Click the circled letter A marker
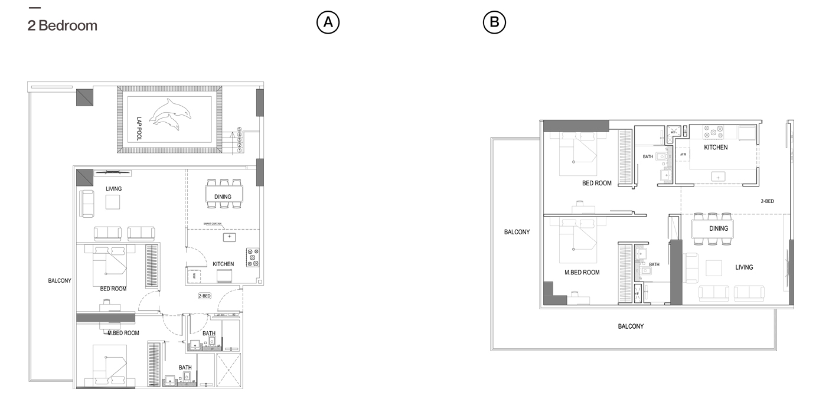tap(328, 22)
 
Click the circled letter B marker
tap(495, 22)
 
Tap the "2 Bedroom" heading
tap(63, 26)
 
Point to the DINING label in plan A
tap(223, 197)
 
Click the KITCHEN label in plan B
tap(716, 148)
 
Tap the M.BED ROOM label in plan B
tap(582, 273)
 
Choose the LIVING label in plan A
tap(114, 189)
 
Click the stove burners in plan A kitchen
tap(253, 257)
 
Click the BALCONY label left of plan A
tap(60, 281)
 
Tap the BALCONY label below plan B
tap(631, 326)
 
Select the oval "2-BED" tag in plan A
tap(204, 296)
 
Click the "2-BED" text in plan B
tap(767, 201)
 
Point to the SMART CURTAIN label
tap(213, 224)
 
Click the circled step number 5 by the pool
tap(239, 129)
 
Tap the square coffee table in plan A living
tap(114, 202)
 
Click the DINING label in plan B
tap(719, 228)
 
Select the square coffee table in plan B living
tap(714, 268)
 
